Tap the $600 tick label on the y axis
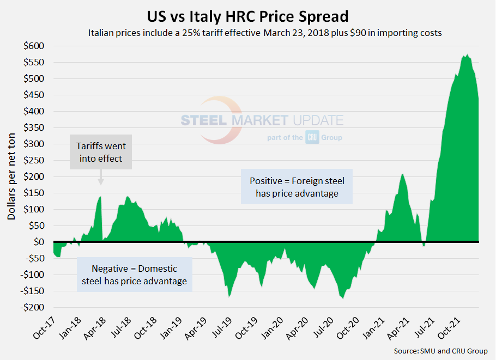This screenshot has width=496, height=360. pyautogui.click(x=34, y=46)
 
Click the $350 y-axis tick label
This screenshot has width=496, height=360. pyautogui.click(x=34, y=127)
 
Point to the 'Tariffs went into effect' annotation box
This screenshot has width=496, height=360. pyautogui.click(x=101, y=154)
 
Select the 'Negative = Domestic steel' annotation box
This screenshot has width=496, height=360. pyautogui.click(x=134, y=274)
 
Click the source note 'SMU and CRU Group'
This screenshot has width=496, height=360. pyautogui.click(x=440, y=351)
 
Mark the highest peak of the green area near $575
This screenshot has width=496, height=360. pyautogui.click(x=467, y=55)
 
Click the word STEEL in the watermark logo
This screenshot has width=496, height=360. pyautogui.click(x=204, y=120)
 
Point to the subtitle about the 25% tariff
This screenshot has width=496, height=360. pyautogui.click(x=264, y=33)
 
